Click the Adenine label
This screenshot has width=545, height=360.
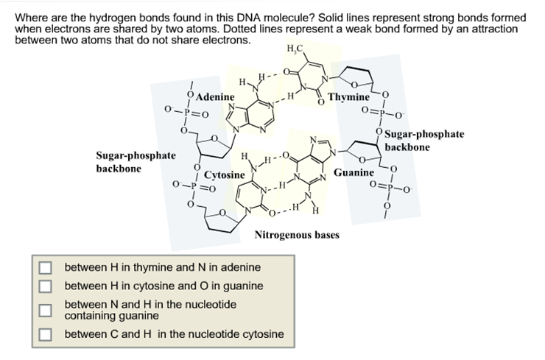click(x=215, y=96)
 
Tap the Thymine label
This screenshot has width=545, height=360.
click(x=349, y=97)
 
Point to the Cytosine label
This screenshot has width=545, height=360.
click(x=224, y=175)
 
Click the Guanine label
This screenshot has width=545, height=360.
click(x=354, y=172)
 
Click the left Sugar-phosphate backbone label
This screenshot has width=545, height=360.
click(x=136, y=162)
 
